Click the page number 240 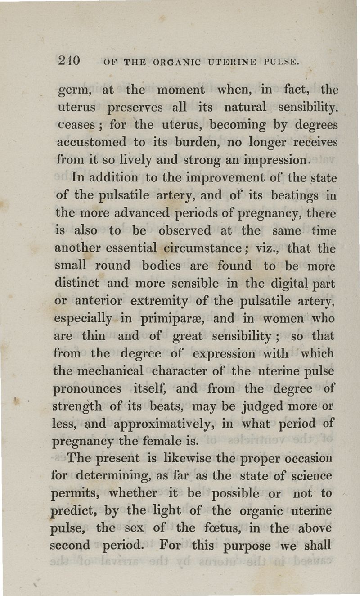click(x=69, y=60)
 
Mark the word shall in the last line click(x=319, y=546)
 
